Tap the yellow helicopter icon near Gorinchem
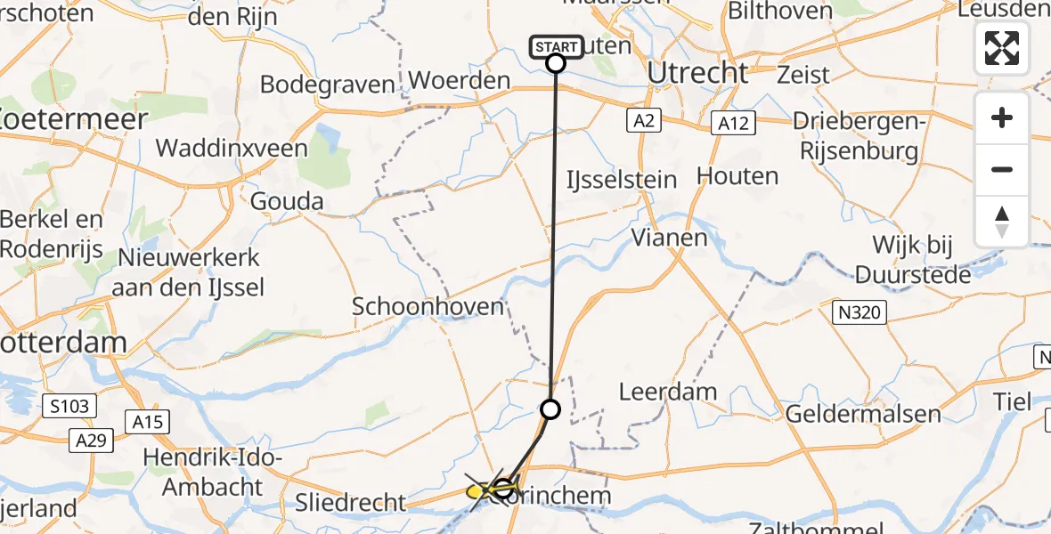478,489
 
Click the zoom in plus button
1002,118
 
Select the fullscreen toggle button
1002,48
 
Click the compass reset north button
1002,222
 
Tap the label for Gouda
287,201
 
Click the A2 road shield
641,120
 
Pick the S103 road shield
69,407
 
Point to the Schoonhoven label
428,306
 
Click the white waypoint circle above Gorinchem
550,409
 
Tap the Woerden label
460,81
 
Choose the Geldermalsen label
863,413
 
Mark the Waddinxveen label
232,148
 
